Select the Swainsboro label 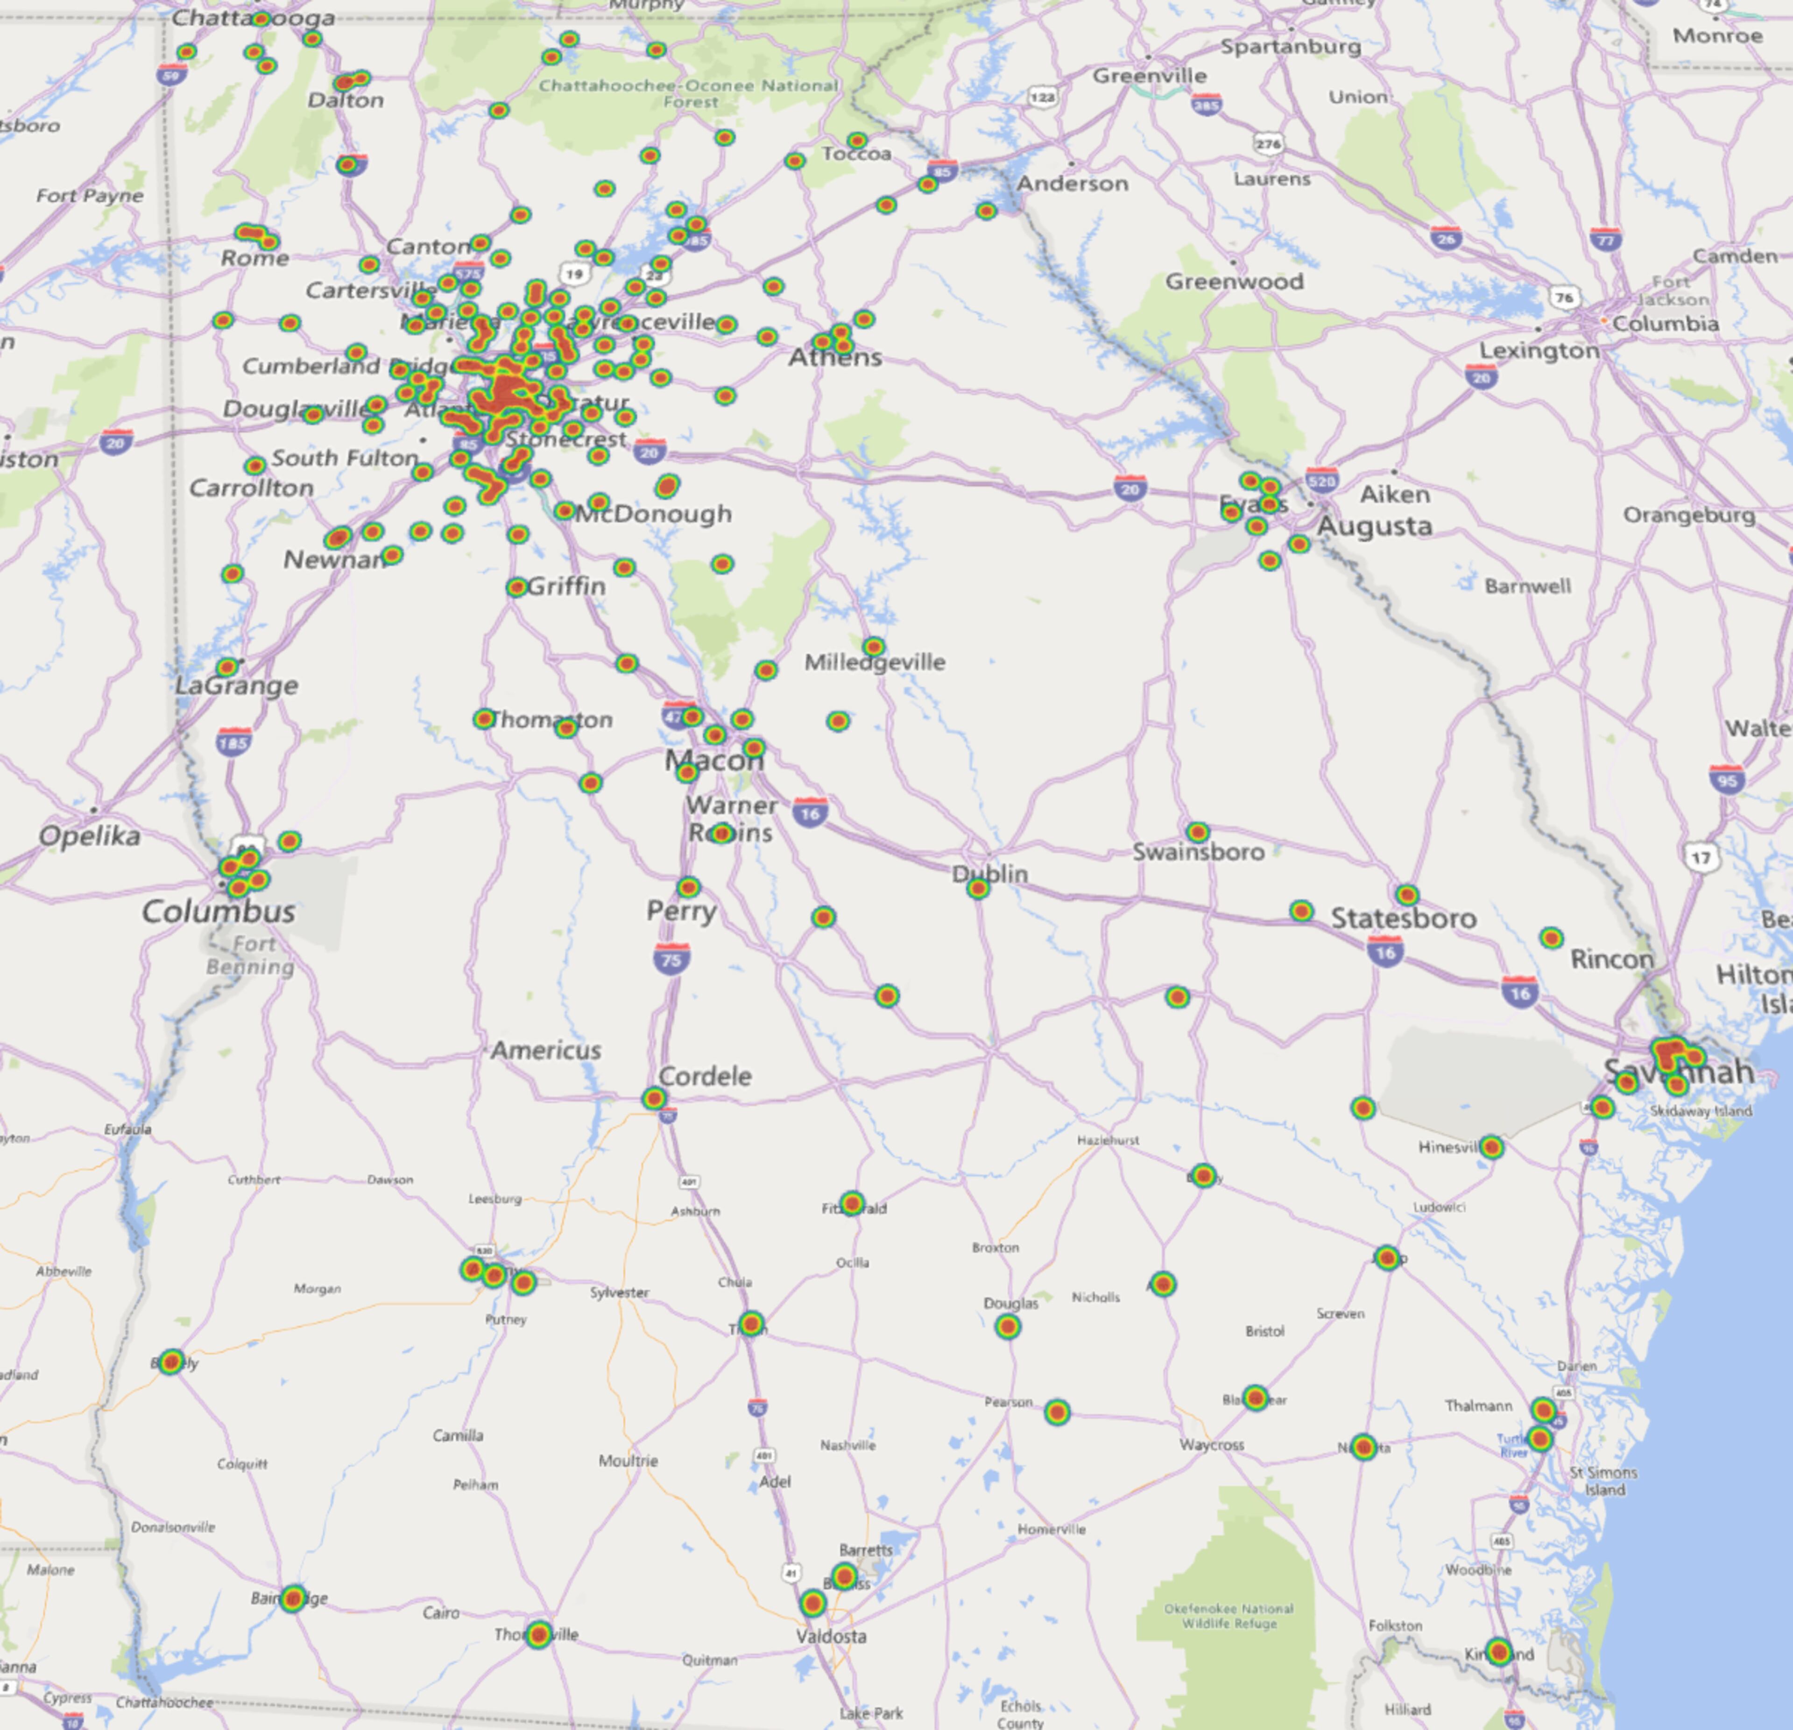(x=1199, y=852)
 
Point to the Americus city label (x=546, y=1050)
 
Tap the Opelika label (x=90, y=835)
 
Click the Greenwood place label (x=1234, y=282)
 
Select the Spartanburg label (x=1291, y=47)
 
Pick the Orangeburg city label (x=1689, y=515)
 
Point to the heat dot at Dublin (x=978, y=888)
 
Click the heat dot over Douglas (x=1007, y=1327)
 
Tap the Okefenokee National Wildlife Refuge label (x=1228, y=1616)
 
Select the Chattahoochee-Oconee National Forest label (x=688, y=93)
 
